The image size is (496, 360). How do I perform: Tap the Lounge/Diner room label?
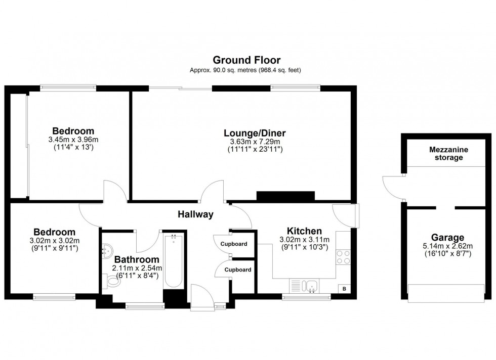(x=255, y=133)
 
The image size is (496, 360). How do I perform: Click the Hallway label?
(x=195, y=214)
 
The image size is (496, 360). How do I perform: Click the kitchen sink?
(x=311, y=286)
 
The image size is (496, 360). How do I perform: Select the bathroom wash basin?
(x=107, y=249)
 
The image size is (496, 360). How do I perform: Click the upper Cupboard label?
(x=234, y=244)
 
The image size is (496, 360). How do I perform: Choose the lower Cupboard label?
(x=238, y=269)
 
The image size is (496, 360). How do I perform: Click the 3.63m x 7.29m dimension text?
(x=255, y=142)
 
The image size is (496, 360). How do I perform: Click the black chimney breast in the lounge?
(x=285, y=197)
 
